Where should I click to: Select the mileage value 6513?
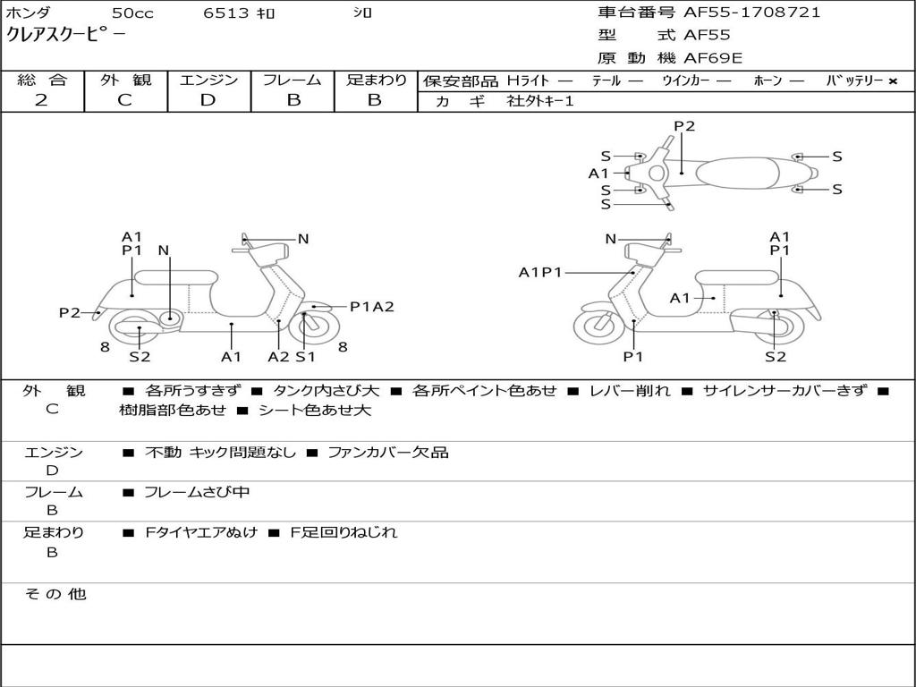[x=225, y=13]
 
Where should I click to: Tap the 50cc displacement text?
[x=131, y=13]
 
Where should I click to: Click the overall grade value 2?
[x=41, y=100]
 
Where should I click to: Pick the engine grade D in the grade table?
[x=208, y=100]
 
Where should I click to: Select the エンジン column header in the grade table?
[x=208, y=80]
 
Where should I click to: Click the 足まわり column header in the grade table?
[x=376, y=80]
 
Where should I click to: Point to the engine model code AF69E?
[x=713, y=59]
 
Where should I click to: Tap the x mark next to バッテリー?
[x=892, y=81]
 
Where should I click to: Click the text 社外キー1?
[x=540, y=102]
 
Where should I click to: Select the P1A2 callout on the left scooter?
[x=371, y=307]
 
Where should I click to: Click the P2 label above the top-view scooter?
[x=684, y=126]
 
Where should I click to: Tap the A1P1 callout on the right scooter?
[x=540, y=272]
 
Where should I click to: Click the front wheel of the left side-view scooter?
[x=310, y=326]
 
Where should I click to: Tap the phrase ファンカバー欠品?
[x=387, y=453]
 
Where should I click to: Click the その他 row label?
[x=55, y=594]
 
